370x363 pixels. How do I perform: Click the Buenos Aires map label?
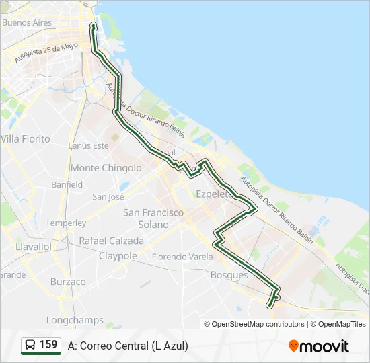27,22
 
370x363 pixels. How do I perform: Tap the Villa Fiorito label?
26,139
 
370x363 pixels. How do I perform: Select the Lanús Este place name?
88,145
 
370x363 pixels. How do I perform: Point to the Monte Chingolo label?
106,168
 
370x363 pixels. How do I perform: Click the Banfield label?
67,184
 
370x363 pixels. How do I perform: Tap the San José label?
108,197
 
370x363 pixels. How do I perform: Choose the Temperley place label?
66,223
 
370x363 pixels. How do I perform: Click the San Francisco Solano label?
153,218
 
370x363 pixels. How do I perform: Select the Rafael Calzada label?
111,241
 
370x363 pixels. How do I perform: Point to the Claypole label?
118,256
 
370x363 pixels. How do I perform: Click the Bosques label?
229,275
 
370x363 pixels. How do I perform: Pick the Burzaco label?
68,282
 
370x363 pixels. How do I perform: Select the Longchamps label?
75,321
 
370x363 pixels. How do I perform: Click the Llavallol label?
34,247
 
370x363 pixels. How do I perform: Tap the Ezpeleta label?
213,194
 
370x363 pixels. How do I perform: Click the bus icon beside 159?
30,346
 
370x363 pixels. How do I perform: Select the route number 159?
48,345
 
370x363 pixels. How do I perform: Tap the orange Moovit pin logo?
293,346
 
